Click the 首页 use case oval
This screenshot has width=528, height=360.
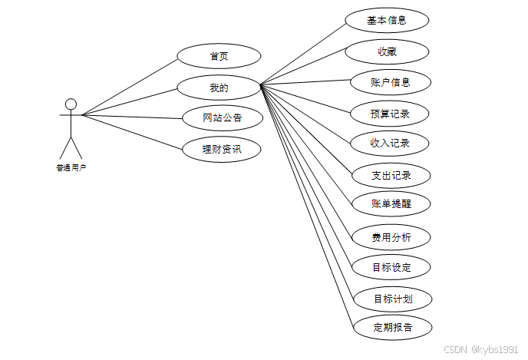click(x=219, y=57)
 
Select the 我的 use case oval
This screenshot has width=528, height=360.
click(x=219, y=88)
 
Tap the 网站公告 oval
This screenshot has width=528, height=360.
click(x=223, y=117)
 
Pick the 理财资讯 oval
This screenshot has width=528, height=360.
click(x=222, y=148)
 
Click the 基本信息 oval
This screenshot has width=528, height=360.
click(x=386, y=21)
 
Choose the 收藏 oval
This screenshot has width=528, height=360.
click(x=386, y=51)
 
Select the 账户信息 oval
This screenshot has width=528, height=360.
click(x=390, y=82)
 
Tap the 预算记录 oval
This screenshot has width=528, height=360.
click(x=390, y=114)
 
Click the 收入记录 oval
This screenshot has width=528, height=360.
click(x=390, y=143)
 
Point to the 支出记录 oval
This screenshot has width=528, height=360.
click(x=391, y=175)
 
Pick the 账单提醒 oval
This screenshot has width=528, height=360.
click(x=391, y=204)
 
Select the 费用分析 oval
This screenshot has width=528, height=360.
click(x=391, y=237)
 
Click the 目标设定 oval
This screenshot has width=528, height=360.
click(x=391, y=267)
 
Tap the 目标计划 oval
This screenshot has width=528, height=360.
click(x=393, y=298)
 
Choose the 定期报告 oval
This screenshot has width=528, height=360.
click(x=393, y=327)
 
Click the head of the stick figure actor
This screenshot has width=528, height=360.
click(x=71, y=104)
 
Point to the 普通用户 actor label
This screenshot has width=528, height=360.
click(x=71, y=166)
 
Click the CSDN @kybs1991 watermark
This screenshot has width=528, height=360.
click(x=481, y=349)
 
